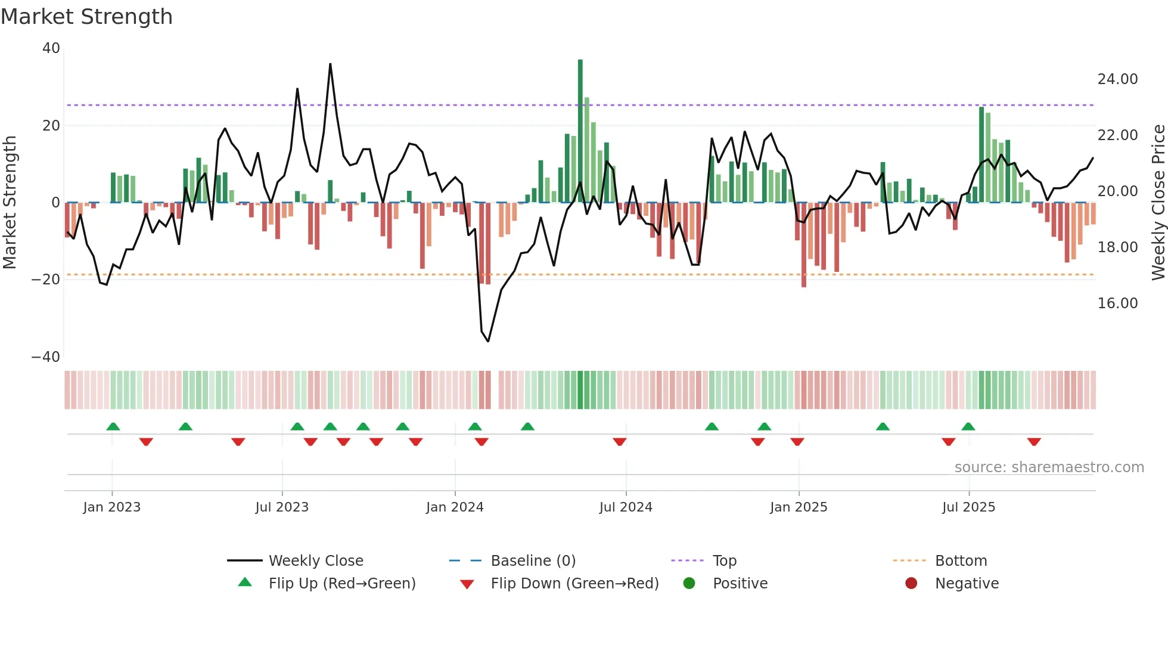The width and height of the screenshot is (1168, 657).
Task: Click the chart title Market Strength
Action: point(86,17)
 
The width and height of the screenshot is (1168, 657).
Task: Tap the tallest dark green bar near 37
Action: point(580,131)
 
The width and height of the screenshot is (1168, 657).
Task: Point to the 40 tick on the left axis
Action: point(51,48)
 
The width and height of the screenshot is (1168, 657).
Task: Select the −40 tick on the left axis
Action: point(46,357)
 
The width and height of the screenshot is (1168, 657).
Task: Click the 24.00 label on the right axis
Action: point(1117,79)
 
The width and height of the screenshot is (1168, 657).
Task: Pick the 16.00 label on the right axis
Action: point(1117,303)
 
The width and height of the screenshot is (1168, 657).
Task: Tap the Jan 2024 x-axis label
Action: point(455,507)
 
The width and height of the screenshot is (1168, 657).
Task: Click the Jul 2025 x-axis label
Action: point(968,507)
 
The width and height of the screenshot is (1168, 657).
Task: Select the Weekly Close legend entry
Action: point(315,561)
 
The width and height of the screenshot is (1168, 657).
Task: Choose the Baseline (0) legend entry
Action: point(533,561)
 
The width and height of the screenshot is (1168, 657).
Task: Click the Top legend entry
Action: point(724,561)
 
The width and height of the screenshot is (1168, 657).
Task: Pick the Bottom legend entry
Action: point(961,561)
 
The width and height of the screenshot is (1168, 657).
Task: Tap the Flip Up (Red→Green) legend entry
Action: point(341,584)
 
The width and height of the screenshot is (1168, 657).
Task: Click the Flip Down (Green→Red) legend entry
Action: point(574,584)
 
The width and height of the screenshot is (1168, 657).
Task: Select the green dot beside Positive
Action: point(689,584)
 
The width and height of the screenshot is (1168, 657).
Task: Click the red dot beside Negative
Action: point(911,584)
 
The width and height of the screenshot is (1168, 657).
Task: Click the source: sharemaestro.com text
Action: point(1049,467)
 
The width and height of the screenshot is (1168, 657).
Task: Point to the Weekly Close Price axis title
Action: point(1158,203)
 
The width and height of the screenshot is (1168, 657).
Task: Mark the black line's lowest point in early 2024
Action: point(488,341)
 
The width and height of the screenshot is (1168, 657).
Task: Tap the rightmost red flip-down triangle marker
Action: point(1034,442)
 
